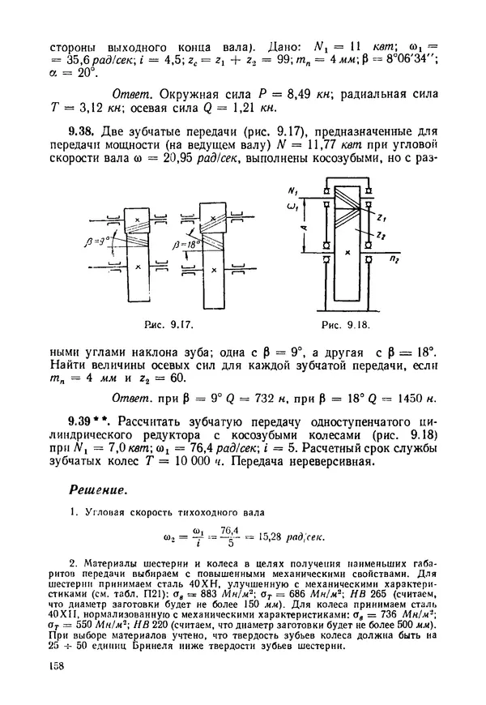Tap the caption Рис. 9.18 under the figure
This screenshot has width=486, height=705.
[x=344, y=325]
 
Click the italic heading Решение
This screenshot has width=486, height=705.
[x=95, y=490]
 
